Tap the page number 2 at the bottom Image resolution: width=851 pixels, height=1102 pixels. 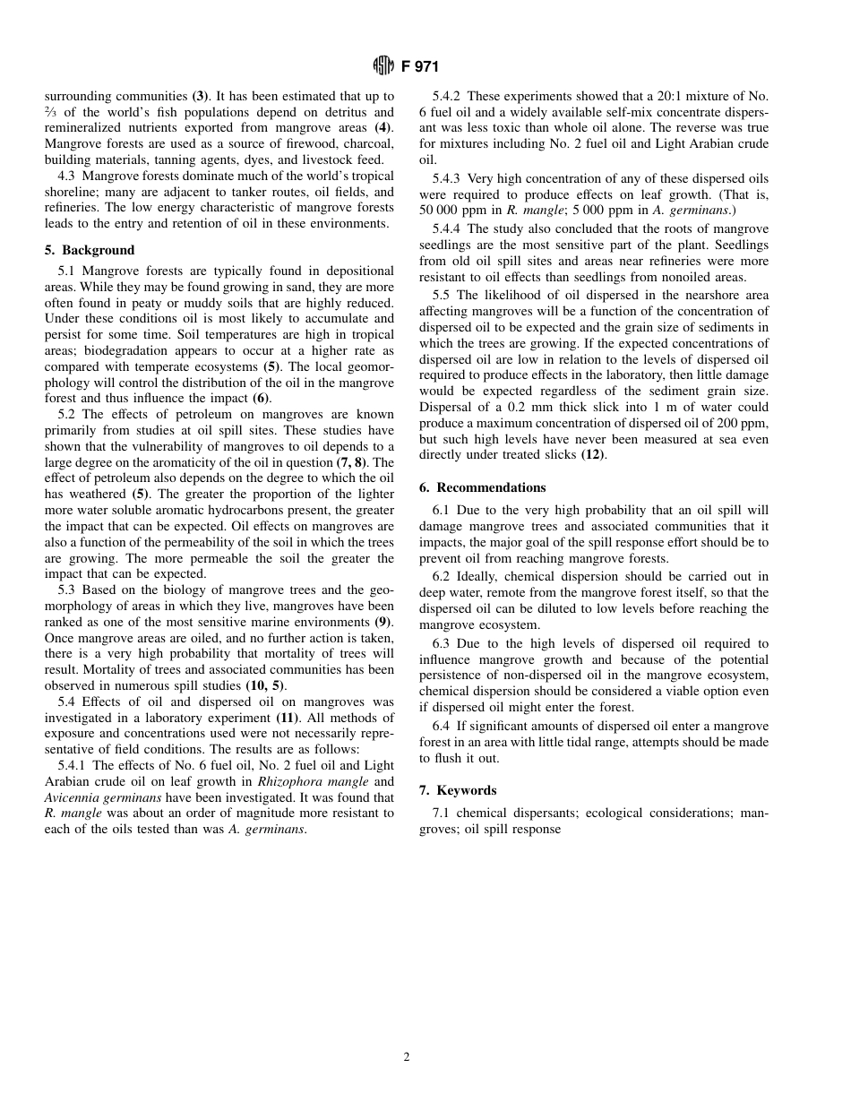point(406,1057)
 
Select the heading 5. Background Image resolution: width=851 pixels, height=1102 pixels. point(90,250)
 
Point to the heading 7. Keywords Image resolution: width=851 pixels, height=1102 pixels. point(458,790)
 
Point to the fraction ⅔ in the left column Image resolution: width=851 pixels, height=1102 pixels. point(50,112)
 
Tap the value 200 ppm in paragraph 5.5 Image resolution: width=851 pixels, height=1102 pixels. point(747,423)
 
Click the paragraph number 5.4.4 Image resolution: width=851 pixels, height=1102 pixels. point(453,229)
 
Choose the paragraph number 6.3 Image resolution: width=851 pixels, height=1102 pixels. point(441,643)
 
